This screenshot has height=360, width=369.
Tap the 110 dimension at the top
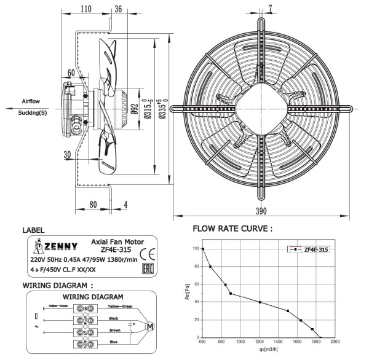click(x=85, y=9)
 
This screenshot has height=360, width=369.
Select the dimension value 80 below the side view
click(x=93, y=205)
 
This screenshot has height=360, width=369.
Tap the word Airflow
click(x=33, y=101)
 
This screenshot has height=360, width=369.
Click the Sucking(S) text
click(x=33, y=113)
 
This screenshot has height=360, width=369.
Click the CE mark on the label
click(x=148, y=254)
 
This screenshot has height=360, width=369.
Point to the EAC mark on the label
click(x=148, y=269)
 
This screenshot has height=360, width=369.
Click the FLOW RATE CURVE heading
click(x=232, y=229)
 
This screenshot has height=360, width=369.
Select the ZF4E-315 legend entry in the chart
click(x=315, y=249)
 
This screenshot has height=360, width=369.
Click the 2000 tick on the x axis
click(x=335, y=342)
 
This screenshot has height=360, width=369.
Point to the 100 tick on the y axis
click(x=196, y=249)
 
